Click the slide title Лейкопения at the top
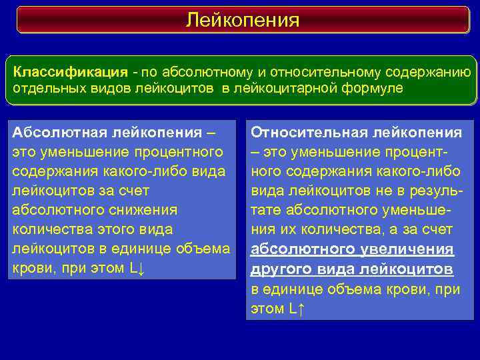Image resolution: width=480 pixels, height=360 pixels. click(x=242, y=19)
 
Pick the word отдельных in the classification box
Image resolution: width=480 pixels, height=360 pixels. click(x=45, y=89)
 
